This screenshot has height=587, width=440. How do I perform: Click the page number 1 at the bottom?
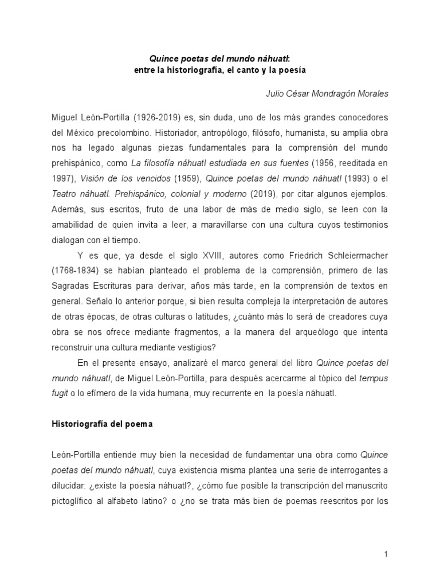coord(387,554)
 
